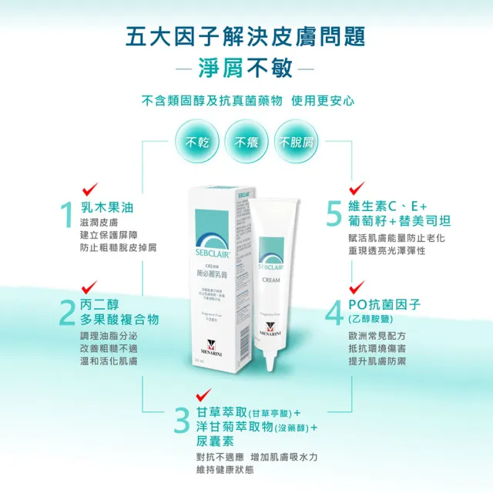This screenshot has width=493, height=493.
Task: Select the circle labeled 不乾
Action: [x=193, y=143]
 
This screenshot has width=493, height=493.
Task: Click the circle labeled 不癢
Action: [x=246, y=143]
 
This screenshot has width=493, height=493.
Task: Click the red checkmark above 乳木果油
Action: [x=89, y=187]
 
